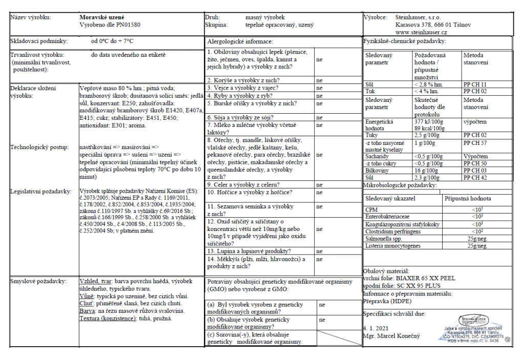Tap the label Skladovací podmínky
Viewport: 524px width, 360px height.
37,41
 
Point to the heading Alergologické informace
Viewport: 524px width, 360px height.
240,41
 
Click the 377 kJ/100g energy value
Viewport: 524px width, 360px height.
429,122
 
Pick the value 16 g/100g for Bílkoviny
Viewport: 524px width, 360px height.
425,170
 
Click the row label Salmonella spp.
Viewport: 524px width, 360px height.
383,239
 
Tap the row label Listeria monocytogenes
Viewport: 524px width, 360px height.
393,246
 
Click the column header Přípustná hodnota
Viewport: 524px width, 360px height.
468,198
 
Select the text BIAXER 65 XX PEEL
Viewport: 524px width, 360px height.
419,279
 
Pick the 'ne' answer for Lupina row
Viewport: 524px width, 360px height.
319,251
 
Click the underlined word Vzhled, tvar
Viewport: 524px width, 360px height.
96,282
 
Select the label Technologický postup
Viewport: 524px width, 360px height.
40,147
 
